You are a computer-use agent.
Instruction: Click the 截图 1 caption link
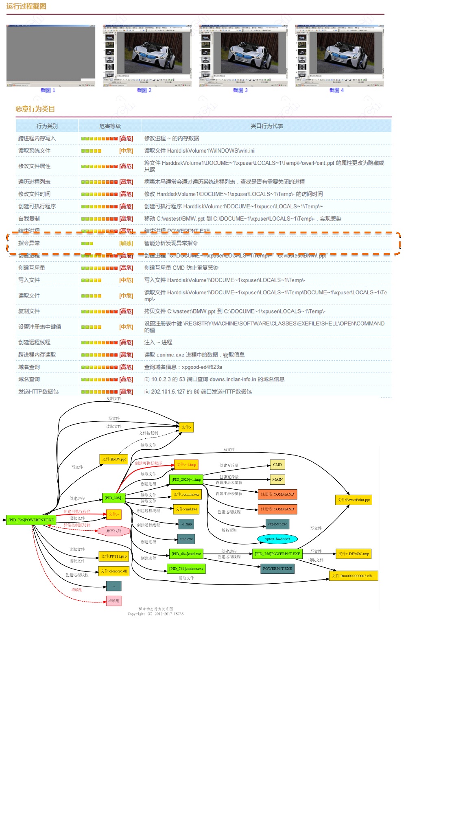tap(48, 90)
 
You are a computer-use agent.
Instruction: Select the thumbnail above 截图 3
tap(243, 55)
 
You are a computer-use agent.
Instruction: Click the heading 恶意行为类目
tap(35, 109)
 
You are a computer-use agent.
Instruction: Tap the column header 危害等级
tap(110, 126)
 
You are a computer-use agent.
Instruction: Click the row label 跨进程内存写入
tap(37, 138)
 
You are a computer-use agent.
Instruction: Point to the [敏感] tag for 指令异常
tap(126, 243)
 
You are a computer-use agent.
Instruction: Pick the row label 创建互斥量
tap(32, 268)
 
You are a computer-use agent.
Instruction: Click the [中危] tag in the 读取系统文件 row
tap(126, 151)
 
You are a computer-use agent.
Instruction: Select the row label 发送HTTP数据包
tap(38, 392)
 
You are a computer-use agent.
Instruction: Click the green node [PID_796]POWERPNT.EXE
tap(31, 520)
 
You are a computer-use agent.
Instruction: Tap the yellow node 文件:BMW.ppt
tap(114, 459)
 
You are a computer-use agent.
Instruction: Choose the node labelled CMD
tap(277, 464)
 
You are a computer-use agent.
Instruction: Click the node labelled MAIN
tap(277, 479)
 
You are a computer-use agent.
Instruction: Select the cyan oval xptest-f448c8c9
tap(277, 539)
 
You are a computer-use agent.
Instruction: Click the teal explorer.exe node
tap(277, 524)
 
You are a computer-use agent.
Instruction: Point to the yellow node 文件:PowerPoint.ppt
tap(354, 500)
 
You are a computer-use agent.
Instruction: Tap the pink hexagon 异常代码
tap(114, 531)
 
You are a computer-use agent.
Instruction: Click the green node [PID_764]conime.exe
tap(186, 569)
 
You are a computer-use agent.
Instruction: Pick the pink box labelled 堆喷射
tap(114, 601)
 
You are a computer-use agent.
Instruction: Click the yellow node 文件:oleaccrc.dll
tap(114, 571)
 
